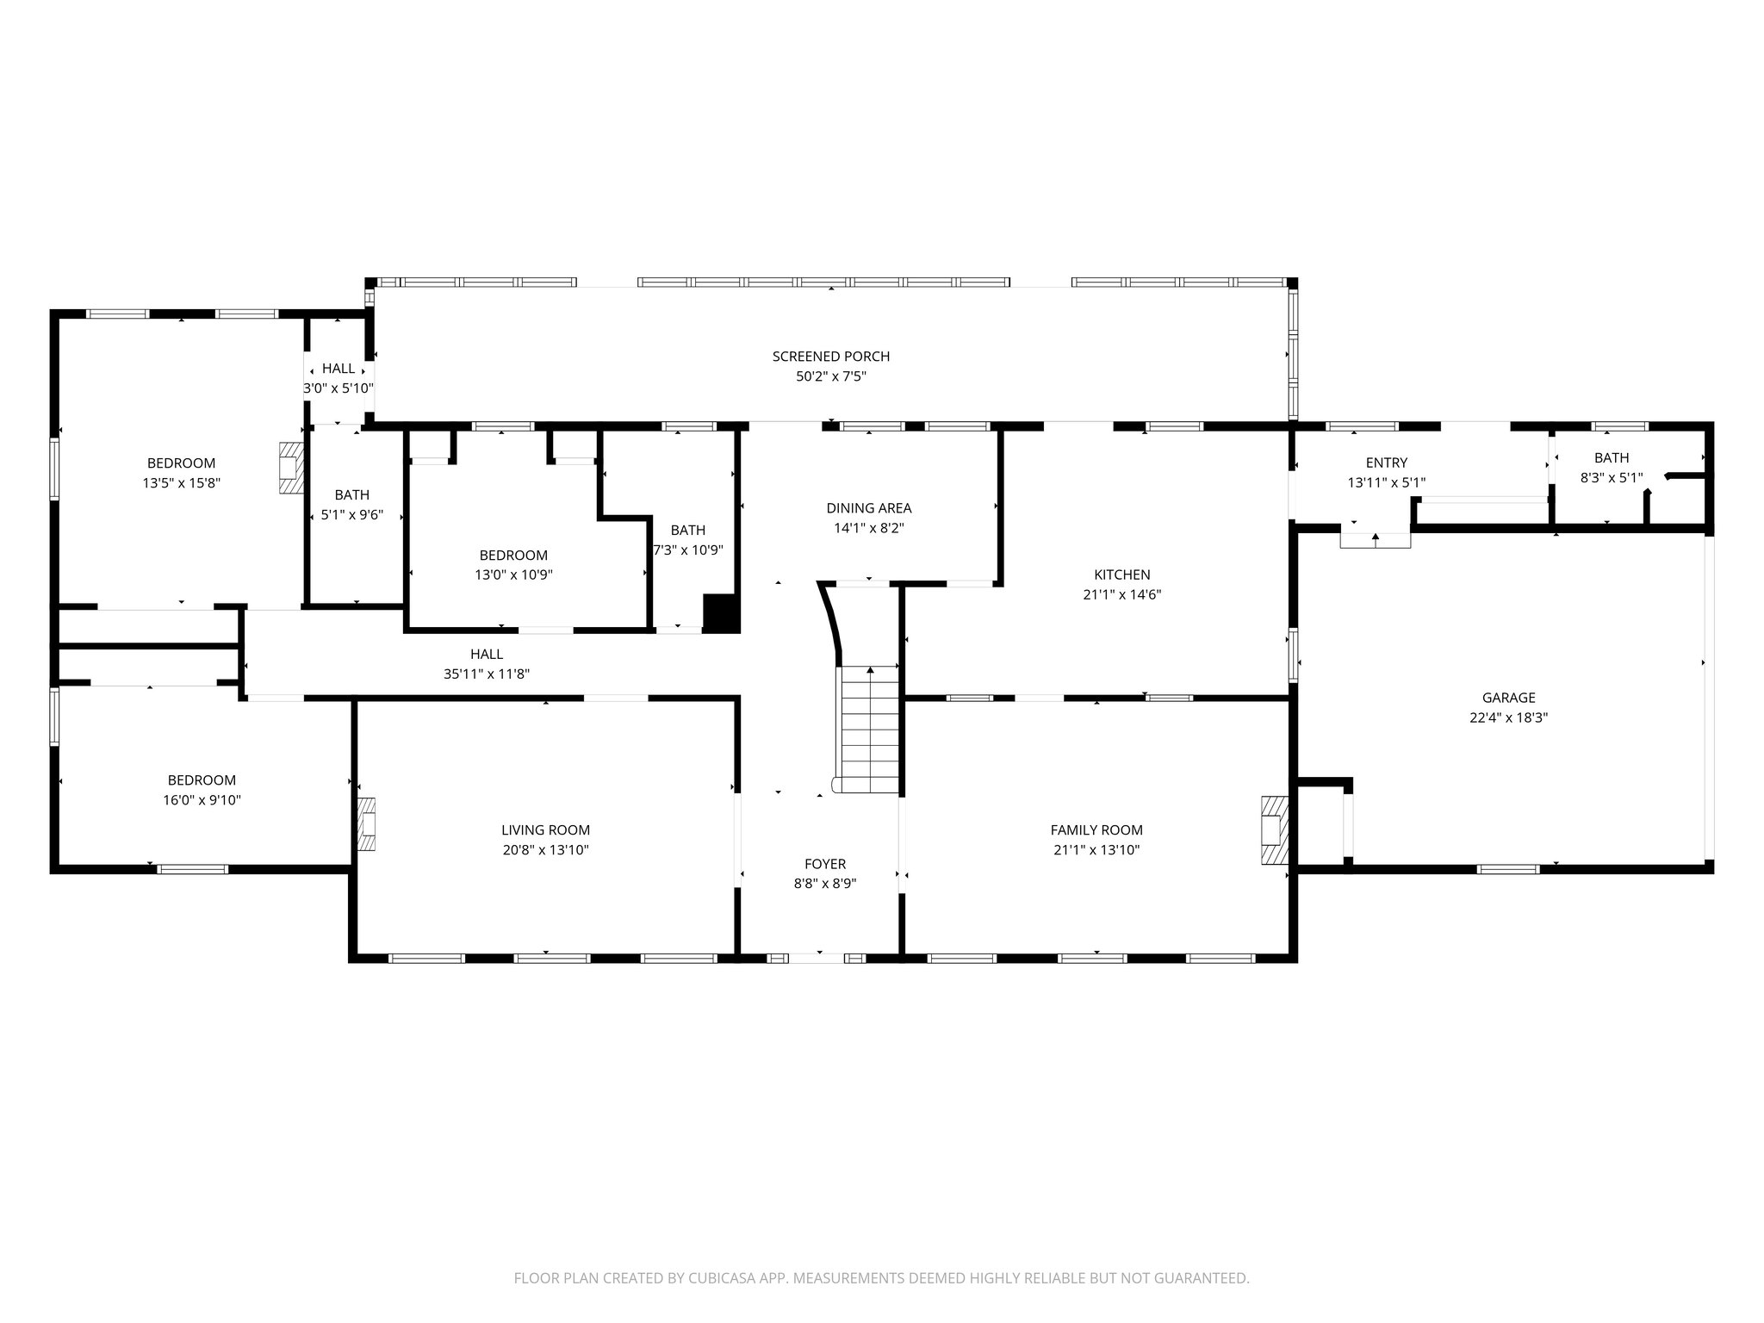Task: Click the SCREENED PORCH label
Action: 830,357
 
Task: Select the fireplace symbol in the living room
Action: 367,824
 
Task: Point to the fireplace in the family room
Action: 1273,829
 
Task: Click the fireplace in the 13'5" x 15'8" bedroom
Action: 292,469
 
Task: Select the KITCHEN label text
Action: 1121,575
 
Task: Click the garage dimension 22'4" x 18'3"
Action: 1508,717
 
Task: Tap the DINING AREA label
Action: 868,508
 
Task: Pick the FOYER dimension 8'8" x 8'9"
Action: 824,883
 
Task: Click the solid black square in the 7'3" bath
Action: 721,613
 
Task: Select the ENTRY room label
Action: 1386,463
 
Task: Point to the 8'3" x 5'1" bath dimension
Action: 1611,478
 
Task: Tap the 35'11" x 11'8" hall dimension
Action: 487,674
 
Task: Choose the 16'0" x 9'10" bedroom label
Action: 202,780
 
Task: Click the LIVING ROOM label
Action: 545,830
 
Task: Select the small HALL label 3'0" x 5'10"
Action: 338,369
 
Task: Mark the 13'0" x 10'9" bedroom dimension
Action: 513,575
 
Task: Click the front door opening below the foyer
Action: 817,958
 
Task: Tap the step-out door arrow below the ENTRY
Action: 1375,539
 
